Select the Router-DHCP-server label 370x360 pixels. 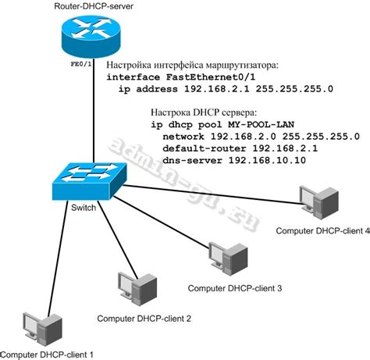pyautogui.click(x=94, y=7)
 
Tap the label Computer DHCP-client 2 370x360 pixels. pyautogui.click(x=144, y=318)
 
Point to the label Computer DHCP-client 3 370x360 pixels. pyautogui.click(x=234, y=288)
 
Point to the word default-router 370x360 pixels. pyautogui.click(x=200, y=148)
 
